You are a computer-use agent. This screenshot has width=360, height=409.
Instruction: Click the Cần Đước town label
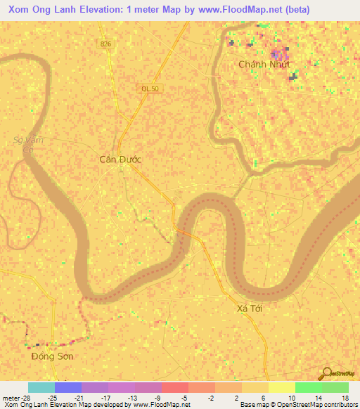pyautogui.click(x=120, y=160)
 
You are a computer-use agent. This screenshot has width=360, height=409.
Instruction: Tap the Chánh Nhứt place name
pyautogui.click(x=264, y=64)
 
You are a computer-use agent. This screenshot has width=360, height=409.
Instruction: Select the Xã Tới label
pyautogui.click(x=250, y=309)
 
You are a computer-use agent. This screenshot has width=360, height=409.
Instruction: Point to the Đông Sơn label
pyautogui.click(x=52, y=356)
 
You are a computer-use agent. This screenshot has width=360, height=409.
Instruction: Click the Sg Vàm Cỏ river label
pyautogui.click(x=28, y=144)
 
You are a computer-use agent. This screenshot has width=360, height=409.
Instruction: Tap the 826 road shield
pyautogui.click(x=105, y=44)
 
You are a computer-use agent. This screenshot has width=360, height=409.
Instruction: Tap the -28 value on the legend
pyautogui.click(x=27, y=397)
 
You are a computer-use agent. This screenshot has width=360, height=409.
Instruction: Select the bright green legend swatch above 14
pyautogui.click(x=308, y=387)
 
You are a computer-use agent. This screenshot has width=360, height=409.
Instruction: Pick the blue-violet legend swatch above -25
pyautogui.click(x=67, y=387)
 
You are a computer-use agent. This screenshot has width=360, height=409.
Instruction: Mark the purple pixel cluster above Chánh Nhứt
pyautogui.click(x=279, y=53)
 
